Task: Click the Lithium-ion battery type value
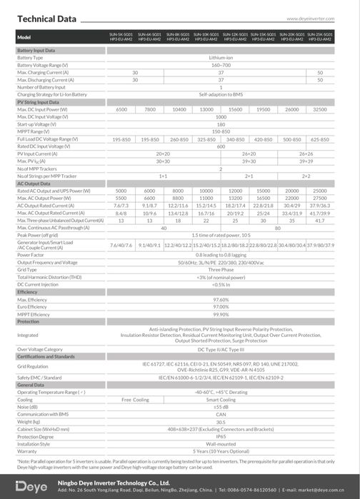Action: (221, 58)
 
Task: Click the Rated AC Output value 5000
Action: (121, 191)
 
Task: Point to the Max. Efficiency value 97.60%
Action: (221, 300)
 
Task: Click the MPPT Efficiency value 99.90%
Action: (221, 313)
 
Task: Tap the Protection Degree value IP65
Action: (221, 436)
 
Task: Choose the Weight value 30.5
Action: (221, 422)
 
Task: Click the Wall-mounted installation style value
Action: (221, 443)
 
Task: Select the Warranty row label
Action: (29, 450)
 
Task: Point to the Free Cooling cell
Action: (135, 400)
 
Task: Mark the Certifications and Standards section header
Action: (46, 356)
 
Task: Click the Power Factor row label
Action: (31, 253)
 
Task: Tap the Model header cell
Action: (24, 36)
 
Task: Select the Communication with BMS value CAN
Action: (221, 414)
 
